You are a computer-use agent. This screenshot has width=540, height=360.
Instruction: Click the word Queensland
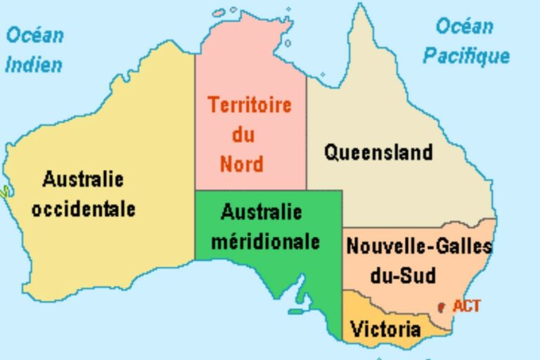tap(378, 152)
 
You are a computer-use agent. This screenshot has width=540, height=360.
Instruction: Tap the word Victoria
tap(385, 329)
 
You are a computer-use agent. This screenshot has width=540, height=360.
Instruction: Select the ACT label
tap(467, 306)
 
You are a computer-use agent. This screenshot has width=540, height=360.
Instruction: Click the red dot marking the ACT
tap(441, 307)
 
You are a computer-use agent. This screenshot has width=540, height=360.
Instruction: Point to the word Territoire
tap(250, 105)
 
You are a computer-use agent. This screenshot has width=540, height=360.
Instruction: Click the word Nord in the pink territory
tap(241, 165)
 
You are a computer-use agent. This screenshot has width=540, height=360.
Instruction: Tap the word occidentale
tap(84, 209)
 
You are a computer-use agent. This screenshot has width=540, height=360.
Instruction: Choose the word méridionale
tap(265, 241)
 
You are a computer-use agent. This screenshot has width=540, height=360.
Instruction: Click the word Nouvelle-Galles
tap(419, 247)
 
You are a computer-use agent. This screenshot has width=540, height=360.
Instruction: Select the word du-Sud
tap(403, 275)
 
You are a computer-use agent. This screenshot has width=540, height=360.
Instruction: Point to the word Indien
tap(34, 65)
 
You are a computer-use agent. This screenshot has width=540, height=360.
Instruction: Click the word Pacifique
tap(465, 56)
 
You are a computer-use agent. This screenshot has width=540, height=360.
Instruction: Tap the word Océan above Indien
tap(35, 34)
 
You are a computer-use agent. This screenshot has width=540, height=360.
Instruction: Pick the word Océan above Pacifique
tap(464, 26)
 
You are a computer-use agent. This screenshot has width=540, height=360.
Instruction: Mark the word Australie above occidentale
tap(83, 179)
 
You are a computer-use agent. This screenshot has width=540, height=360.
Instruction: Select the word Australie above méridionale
tap(261, 212)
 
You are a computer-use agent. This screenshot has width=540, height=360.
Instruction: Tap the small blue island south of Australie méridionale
tap(299, 311)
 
